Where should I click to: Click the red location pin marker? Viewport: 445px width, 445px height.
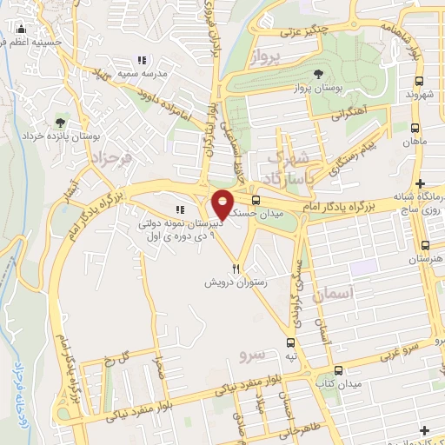point(222,204)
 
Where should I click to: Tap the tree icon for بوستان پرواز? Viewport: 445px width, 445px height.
point(323,73)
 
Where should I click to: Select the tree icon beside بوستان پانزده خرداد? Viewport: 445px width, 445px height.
point(61,123)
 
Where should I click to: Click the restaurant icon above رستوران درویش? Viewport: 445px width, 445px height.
point(236,269)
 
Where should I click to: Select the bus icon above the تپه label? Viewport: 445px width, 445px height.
point(290,343)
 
